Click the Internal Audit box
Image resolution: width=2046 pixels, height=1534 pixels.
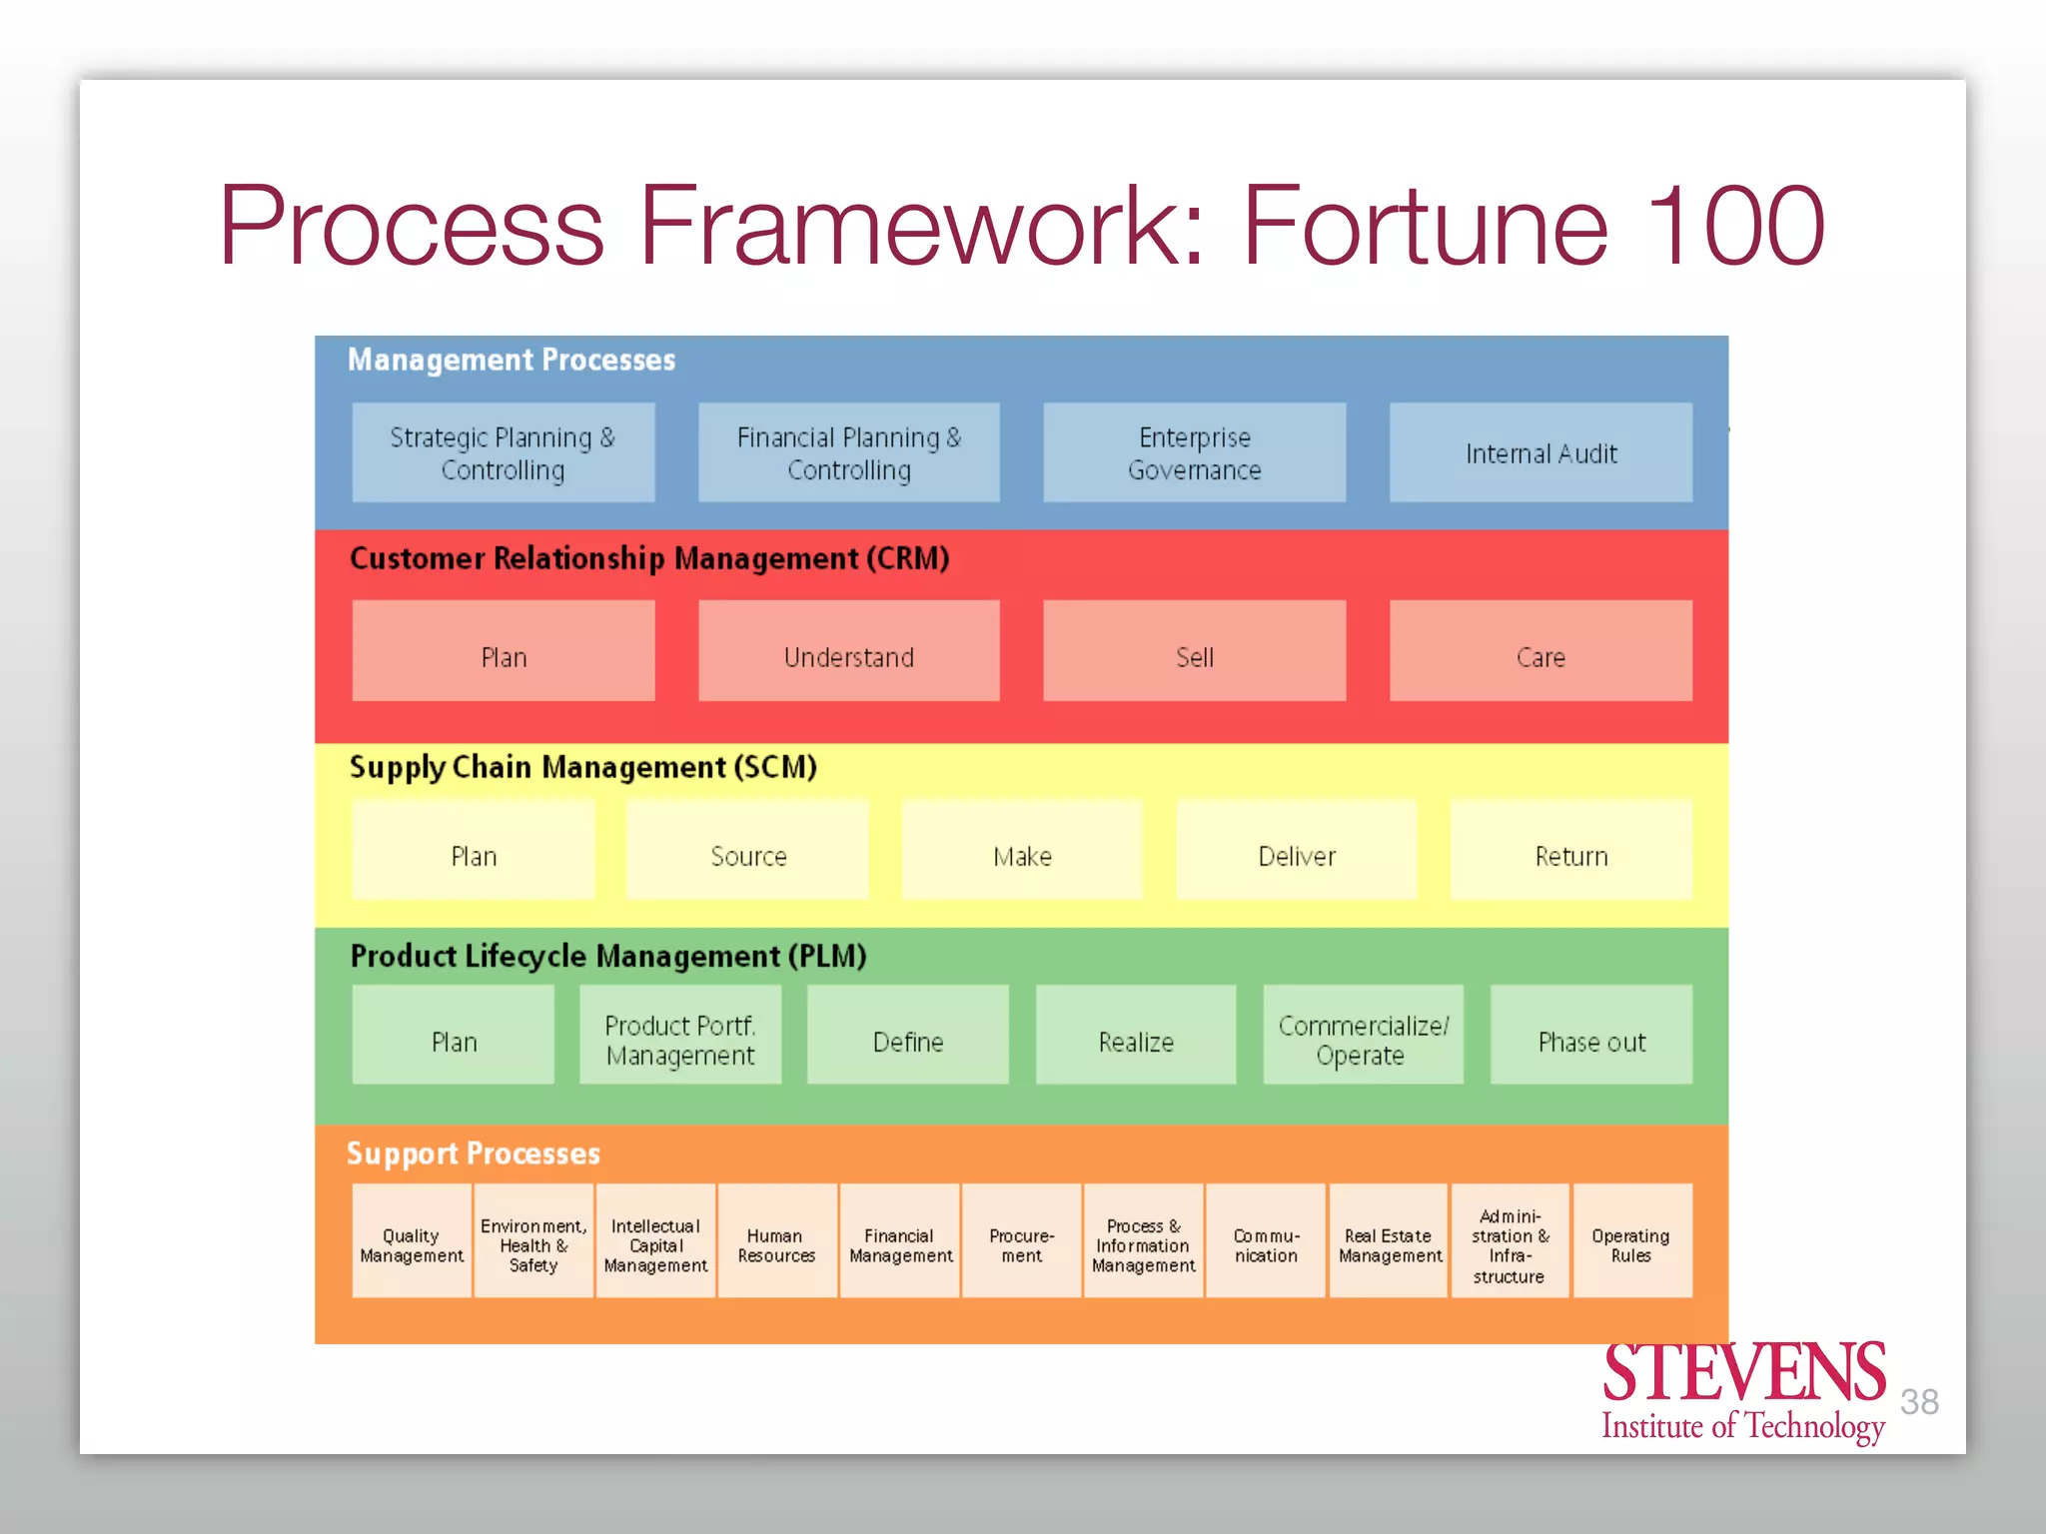[1539, 452]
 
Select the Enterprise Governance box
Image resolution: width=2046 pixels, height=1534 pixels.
[1194, 452]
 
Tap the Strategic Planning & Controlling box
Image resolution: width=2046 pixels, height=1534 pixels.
[503, 452]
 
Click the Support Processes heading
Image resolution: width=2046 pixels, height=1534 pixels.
[473, 1153]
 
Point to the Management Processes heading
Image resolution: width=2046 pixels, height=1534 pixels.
[511, 360]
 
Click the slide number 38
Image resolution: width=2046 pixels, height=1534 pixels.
[1919, 1402]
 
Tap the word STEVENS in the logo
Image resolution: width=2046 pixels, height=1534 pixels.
[1743, 1373]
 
